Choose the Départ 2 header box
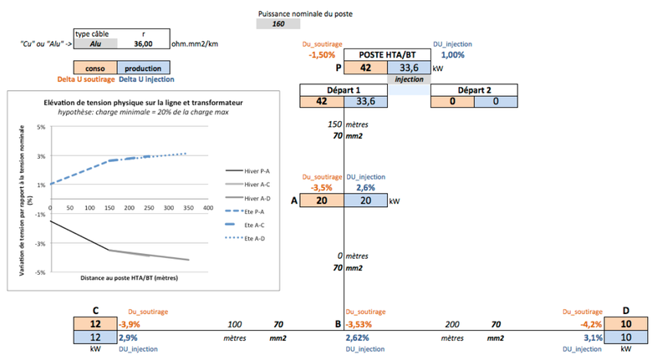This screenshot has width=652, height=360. tap(475, 89)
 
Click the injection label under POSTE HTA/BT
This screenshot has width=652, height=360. tap(409, 79)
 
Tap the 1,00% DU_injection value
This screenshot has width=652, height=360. tap(452, 54)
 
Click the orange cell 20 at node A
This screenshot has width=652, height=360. tap(322, 201)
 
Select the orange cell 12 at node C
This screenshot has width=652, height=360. tap(95, 323)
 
